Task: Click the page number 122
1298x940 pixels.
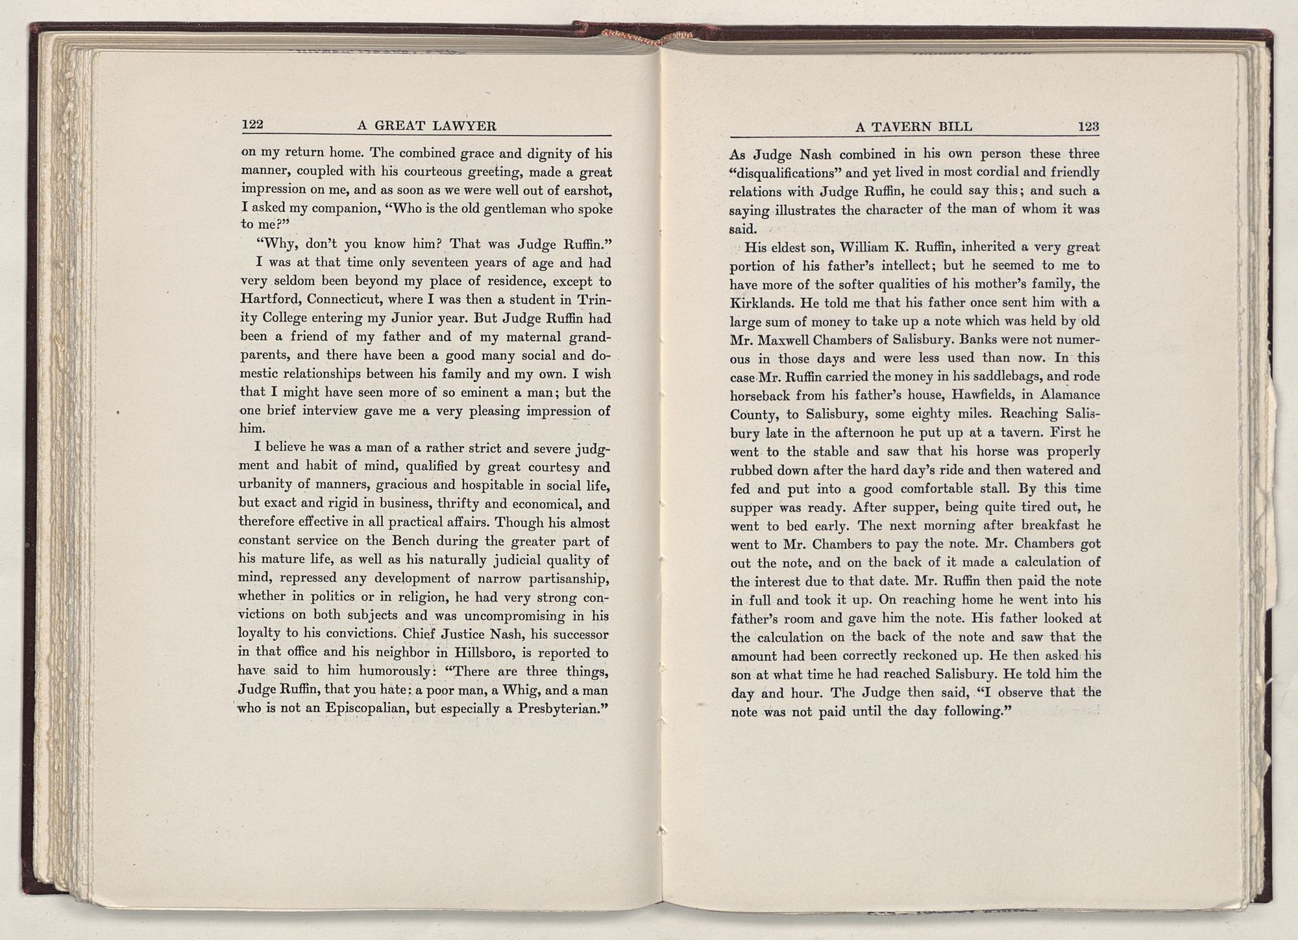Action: pyautogui.click(x=251, y=125)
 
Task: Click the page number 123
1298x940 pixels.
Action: pyautogui.click(x=1088, y=127)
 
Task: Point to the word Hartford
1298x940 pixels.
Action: pyautogui.click(x=269, y=300)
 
